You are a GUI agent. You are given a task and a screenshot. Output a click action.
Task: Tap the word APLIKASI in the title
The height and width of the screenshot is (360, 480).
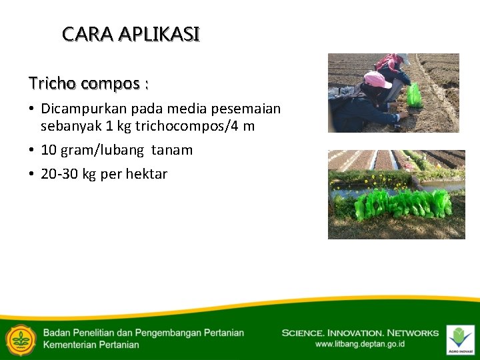159,34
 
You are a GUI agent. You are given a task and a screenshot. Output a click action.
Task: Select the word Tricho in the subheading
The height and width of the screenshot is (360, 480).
52,83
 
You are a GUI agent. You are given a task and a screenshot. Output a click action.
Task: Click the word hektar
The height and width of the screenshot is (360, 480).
145,174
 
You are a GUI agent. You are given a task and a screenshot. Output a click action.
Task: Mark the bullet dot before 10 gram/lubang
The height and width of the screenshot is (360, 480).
31,150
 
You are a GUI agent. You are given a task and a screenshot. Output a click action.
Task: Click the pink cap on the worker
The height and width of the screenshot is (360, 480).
377,80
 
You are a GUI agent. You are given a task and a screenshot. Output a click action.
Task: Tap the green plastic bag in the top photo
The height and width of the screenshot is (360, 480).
415,95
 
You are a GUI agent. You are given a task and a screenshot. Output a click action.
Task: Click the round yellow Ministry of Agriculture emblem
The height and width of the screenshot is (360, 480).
21,339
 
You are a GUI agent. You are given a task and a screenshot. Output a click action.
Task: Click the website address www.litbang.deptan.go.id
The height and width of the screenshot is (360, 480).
359,344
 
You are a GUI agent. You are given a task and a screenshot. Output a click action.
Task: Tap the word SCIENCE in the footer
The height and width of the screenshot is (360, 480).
305,333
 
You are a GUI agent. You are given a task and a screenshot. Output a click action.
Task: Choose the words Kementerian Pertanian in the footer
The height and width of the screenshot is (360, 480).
91,345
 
